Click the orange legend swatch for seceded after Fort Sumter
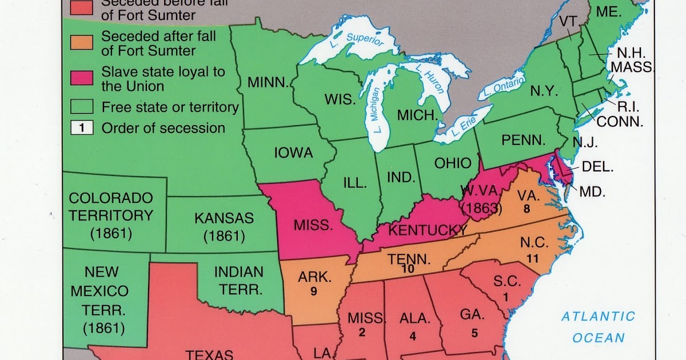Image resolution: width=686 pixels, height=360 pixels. [82, 43]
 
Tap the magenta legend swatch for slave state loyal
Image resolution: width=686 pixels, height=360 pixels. [82, 79]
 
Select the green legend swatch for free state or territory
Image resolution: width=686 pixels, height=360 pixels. [82, 107]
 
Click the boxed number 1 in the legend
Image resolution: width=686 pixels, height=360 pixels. [82, 128]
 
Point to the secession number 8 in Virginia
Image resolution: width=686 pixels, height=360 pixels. [527, 209]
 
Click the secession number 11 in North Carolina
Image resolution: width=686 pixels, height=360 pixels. [533, 258]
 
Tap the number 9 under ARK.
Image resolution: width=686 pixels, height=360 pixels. [314, 291]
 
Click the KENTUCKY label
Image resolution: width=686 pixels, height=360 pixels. [428, 230]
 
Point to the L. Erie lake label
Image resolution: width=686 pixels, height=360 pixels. [460, 127]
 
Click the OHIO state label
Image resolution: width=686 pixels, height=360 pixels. [453, 163]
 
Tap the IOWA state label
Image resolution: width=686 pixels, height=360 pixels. [293, 153]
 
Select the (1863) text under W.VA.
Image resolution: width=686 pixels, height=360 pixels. [481, 208]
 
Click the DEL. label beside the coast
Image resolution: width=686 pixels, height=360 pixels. [598, 167]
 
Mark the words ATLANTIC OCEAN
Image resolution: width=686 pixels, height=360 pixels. [598, 327]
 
